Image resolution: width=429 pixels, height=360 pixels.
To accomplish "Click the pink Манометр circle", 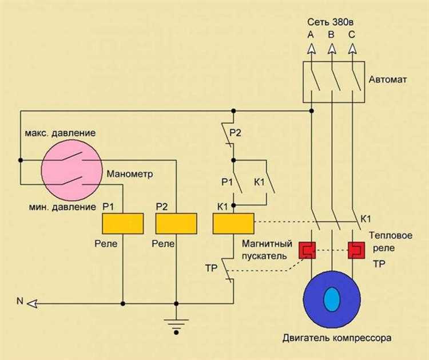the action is point(71,171).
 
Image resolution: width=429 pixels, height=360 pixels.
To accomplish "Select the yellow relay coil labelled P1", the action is point(123,223).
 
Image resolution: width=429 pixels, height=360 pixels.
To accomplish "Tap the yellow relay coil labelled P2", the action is point(176,223).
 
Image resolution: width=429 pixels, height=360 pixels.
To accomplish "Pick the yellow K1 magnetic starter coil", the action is point(233,223).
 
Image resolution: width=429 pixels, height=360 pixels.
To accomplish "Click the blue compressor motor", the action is point(332,299).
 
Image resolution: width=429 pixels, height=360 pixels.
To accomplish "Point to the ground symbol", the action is point(176,326).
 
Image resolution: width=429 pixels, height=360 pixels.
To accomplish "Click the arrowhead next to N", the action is point(32,303).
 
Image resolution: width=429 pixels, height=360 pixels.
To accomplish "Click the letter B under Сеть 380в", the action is point(331,34).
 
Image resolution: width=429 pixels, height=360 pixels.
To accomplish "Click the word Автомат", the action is point(388,80).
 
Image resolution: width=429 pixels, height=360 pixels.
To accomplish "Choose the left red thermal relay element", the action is point(307,250).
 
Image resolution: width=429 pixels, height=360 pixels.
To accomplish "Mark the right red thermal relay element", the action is point(356,250).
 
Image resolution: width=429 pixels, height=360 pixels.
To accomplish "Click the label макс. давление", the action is point(60,133).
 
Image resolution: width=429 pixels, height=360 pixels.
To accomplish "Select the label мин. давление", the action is point(62,207).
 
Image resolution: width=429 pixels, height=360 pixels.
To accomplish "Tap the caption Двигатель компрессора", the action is point(337,338).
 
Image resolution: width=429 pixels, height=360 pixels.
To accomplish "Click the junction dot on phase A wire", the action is point(311,111).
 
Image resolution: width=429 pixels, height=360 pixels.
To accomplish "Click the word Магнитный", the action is point(267,243).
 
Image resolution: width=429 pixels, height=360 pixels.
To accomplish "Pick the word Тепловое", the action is point(391,235).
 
